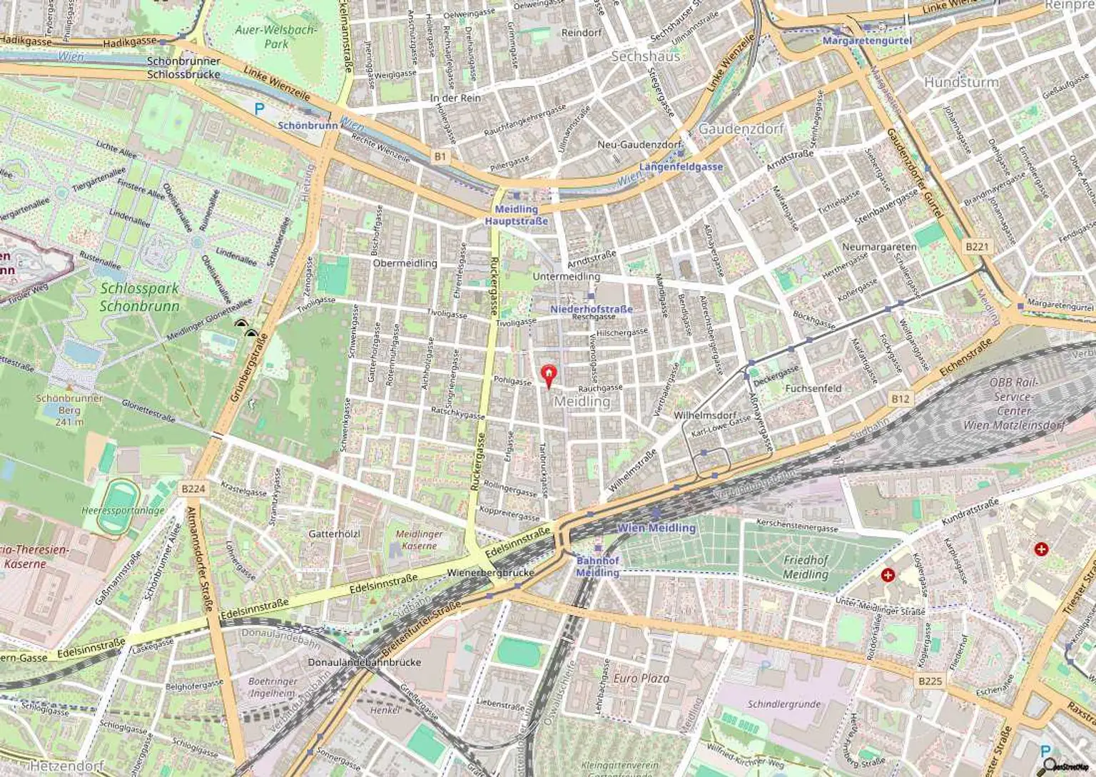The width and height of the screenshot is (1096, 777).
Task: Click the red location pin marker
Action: pos(548,375)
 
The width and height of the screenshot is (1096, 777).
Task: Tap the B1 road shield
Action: pos(440,156)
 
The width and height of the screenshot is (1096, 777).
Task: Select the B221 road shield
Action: pos(977,247)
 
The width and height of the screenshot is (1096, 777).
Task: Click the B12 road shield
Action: pos(900,399)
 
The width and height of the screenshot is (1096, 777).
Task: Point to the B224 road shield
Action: pos(193,489)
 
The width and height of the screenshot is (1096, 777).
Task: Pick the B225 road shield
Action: pos(930,681)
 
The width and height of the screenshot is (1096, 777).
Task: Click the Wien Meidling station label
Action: pos(656,528)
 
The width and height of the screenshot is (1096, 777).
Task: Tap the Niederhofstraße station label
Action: pos(592,309)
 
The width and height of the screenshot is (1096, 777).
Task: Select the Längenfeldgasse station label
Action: pos(681,167)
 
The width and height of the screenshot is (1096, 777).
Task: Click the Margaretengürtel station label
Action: pos(867,41)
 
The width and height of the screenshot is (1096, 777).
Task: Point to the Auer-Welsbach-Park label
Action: pos(276,37)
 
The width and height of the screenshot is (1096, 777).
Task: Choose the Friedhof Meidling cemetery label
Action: pos(806,567)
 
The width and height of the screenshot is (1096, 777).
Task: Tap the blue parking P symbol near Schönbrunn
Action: pos(260,109)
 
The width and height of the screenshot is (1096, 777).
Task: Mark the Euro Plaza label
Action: pos(641,678)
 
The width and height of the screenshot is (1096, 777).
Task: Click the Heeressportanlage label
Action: pos(123,510)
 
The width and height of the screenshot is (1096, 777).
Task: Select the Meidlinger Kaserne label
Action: pos(419,539)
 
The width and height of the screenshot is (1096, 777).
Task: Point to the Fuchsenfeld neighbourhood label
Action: pos(813,389)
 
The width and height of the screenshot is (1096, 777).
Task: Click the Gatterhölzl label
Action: pos(335,534)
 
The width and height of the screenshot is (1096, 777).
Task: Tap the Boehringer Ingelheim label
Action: pos(272,687)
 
